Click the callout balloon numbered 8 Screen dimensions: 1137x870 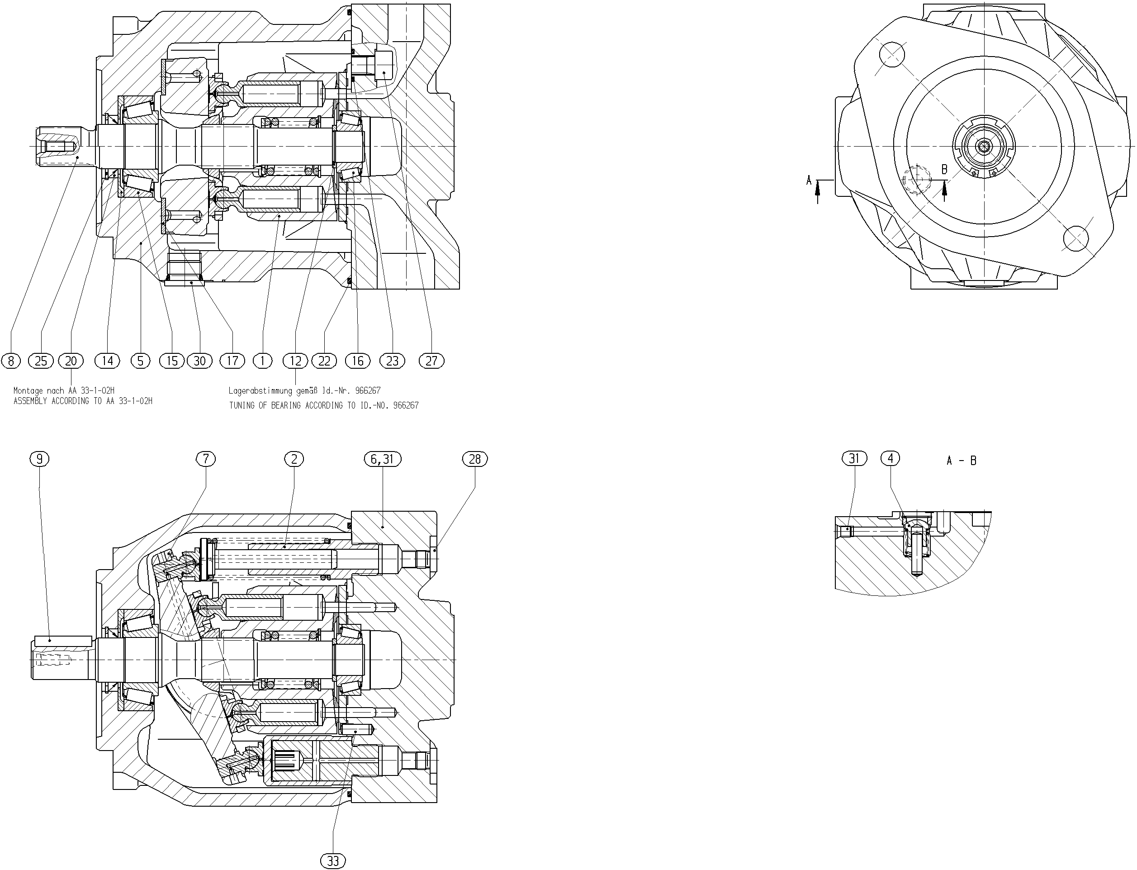click(x=11, y=361)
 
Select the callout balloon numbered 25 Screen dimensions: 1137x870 click(x=41, y=361)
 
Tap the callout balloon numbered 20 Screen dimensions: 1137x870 click(x=71, y=361)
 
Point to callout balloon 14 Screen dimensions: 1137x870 click(x=108, y=361)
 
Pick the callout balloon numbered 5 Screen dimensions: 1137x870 click(x=140, y=361)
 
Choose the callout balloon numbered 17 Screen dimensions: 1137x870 click(x=232, y=361)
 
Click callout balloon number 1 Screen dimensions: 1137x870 click(x=263, y=361)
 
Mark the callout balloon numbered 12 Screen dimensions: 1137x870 click(x=296, y=361)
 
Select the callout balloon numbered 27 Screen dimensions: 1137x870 click(x=431, y=361)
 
